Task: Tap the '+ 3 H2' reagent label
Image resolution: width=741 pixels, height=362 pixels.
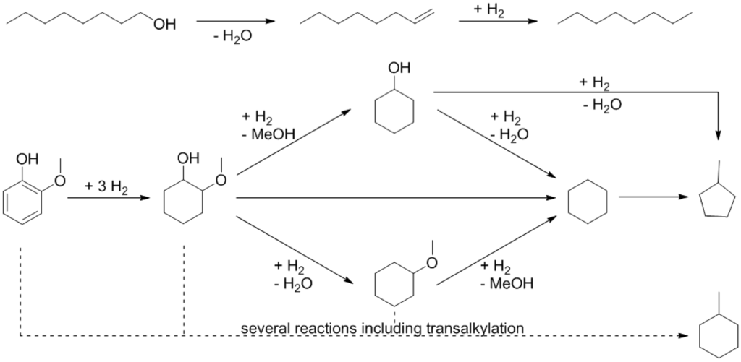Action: click(106, 186)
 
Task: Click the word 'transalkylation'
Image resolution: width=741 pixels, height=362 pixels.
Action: click(475, 328)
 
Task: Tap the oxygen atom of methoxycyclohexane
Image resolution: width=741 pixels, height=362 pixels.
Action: click(431, 262)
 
